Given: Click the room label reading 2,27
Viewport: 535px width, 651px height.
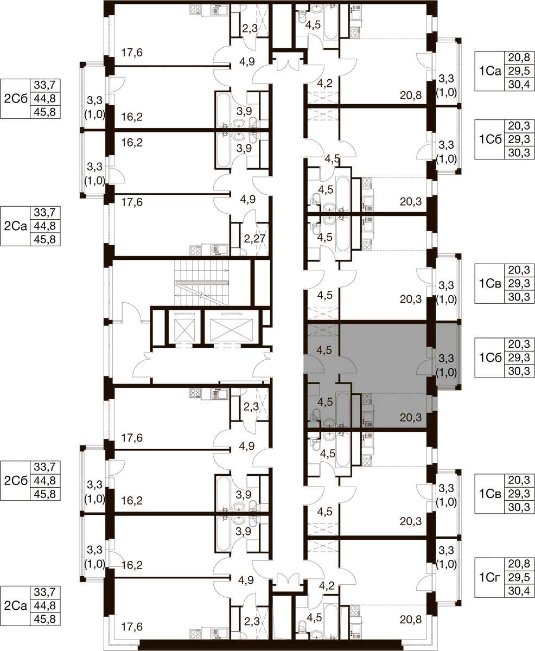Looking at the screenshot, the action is click(x=254, y=239).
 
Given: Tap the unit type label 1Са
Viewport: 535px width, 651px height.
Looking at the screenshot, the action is click(x=490, y=71).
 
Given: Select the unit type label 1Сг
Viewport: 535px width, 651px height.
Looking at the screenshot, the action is click(x=489, y=577).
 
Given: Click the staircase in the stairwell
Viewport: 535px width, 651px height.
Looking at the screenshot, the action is click(x=202, y=283).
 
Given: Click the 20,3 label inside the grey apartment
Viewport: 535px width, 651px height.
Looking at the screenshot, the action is click(x=411, y=418).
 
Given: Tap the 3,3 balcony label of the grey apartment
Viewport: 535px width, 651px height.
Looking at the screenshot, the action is click(x=446, y=359).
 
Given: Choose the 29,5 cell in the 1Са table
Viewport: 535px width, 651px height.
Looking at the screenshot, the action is click(x=519, y=71).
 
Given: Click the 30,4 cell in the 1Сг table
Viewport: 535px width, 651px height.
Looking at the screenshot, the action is click(x=519, y=590).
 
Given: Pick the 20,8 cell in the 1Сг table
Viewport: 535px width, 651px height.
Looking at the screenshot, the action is click(x=519, y=564).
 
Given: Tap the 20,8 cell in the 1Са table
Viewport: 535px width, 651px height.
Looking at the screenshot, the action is click(x=519, y=58).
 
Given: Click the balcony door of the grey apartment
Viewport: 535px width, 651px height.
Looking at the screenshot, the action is click(x=424, y=367).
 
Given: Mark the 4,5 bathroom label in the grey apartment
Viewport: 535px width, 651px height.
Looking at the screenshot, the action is click(x=326, y=402).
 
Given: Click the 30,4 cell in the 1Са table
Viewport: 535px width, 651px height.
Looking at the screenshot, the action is click(x=519, y=84).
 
